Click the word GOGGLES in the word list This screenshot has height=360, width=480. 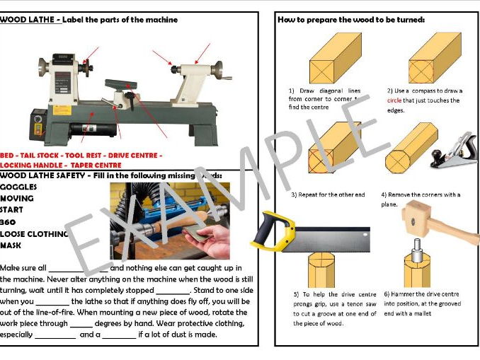tap(19, 187)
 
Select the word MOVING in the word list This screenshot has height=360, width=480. tap(17, 199)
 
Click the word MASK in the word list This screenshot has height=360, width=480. tap(11, 245)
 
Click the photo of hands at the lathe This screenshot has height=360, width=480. tap(169, 220)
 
